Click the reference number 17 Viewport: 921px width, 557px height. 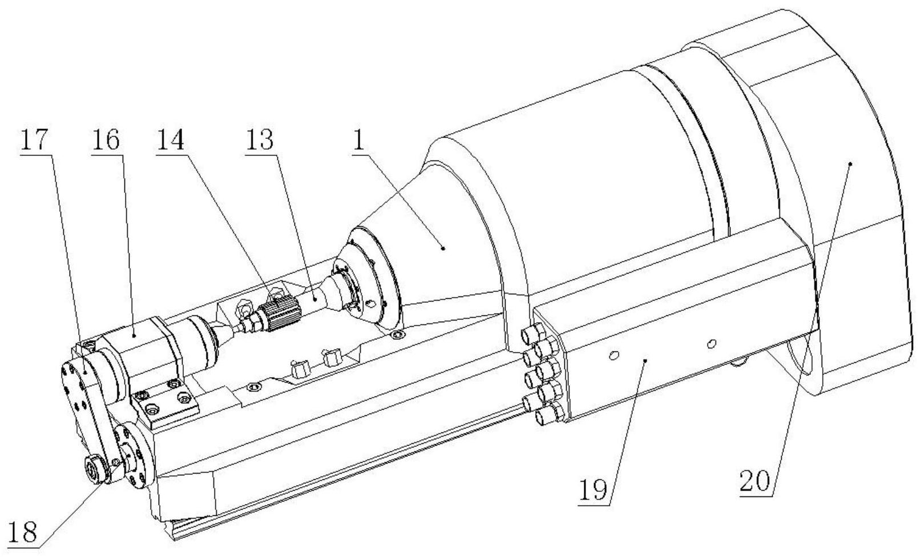coord(34,139)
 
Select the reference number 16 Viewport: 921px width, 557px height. coord(106,139)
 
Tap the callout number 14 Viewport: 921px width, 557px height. coord(170,139)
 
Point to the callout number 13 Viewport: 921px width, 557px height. coord(260,139)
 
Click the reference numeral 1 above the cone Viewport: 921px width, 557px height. coord(358,140)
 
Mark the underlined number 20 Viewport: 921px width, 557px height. coord(754,480)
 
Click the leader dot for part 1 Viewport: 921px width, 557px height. coord(443,248)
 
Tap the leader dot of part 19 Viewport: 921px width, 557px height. coord(645,360)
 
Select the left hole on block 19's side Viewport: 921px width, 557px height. coord(614,355)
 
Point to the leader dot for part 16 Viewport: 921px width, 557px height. coord(135,336)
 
